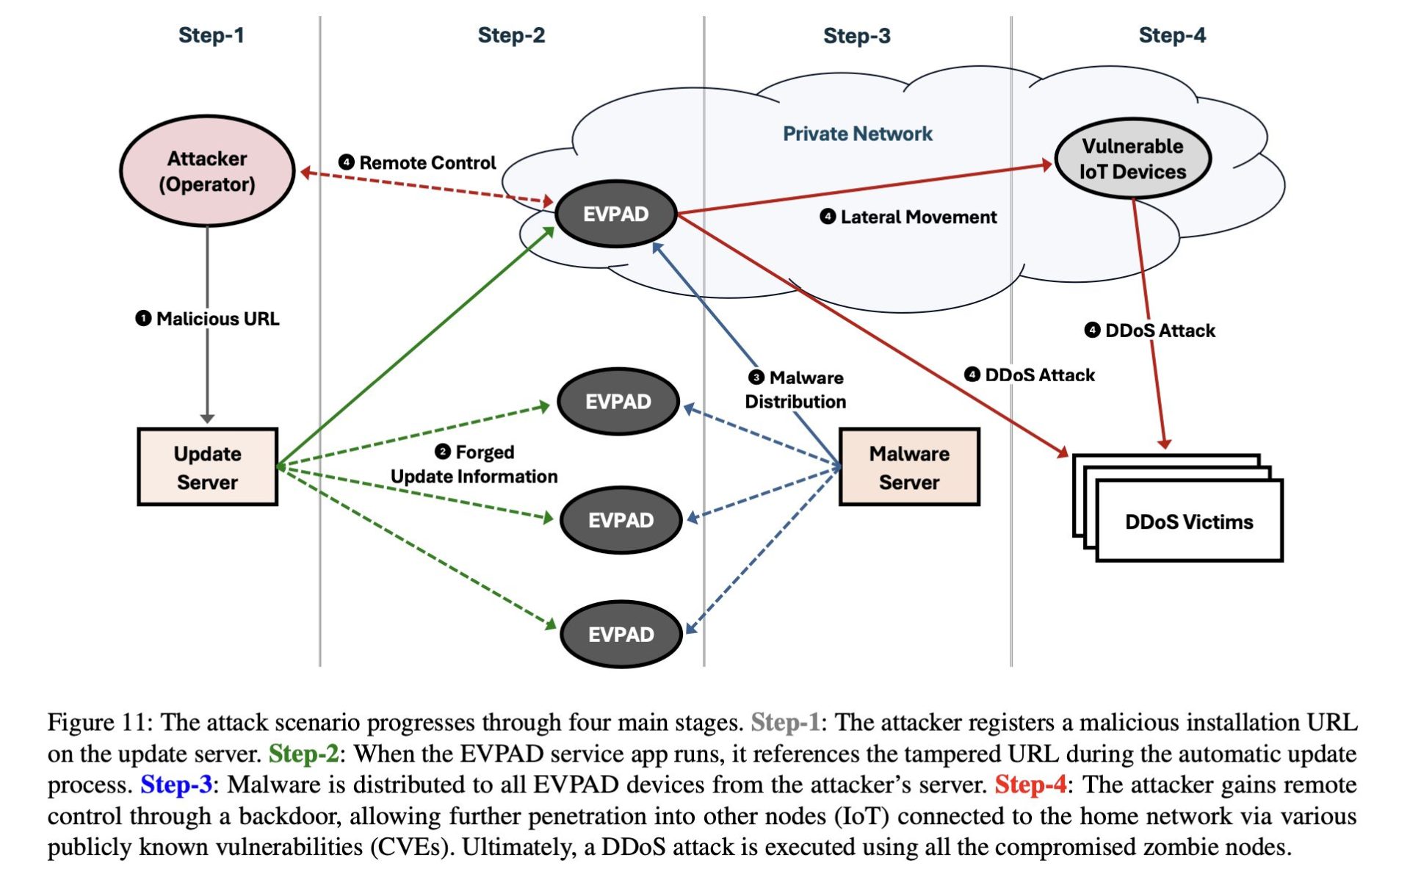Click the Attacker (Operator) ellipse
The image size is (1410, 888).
point(207,171)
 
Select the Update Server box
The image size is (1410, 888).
point(207,467)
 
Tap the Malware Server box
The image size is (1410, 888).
point(909,467)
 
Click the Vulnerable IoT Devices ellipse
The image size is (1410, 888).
point(1132,159)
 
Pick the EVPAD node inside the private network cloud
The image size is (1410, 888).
point(615,214)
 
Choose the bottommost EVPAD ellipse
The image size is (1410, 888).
point(621,635)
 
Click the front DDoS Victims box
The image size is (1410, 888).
point(1189,521)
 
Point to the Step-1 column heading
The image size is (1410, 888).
point(211,35)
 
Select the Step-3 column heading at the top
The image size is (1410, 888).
point(856,35)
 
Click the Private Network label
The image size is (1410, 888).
point(857,134)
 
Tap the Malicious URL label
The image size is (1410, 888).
point(208,319)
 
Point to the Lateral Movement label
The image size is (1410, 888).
point(908,217)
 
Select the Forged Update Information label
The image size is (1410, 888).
point(474,464)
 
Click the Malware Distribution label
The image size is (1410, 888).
point(796,389)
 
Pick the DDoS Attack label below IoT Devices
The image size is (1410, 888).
point(1150,331)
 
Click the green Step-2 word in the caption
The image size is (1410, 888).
point(303,754)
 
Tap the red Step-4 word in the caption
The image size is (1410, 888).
point(1030,784)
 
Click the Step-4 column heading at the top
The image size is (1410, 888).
point(1171,35)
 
